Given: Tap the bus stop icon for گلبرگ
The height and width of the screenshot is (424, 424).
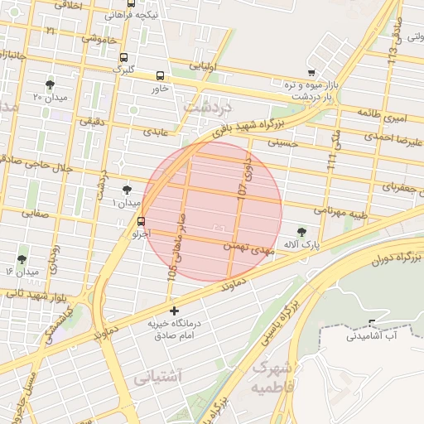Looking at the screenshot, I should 123,58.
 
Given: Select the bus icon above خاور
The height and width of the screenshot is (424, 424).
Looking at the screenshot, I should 160,75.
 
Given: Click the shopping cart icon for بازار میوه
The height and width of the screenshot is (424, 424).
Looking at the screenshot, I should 311,74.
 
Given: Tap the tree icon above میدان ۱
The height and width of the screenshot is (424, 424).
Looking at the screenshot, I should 127,190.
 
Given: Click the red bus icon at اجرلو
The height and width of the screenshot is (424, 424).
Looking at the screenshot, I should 141,221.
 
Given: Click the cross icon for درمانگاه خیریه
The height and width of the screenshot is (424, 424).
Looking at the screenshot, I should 173,311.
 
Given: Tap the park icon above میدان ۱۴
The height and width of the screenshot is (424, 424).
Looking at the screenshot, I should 22,259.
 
